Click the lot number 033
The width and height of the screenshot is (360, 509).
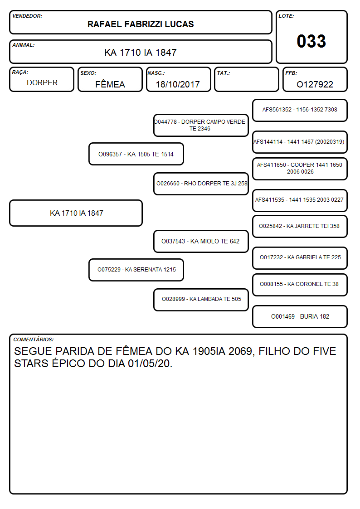(x=311, y=41)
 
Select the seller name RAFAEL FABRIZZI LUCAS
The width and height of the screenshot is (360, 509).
(x=141, y=24)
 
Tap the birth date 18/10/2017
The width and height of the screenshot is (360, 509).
(x=178, y=84)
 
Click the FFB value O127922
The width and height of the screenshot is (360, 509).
(x=315, y=84)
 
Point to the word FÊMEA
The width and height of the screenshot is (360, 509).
(x=110, y=84)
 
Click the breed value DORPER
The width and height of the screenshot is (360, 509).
(x=42, y=83)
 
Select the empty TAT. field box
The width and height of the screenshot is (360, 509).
(x=247, y=79)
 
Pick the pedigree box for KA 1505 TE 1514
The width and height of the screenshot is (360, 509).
(x=136, y=154)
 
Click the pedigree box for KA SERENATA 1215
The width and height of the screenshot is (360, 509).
(x=136, y=270)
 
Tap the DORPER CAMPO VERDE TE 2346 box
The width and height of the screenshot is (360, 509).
(x=201, y=125)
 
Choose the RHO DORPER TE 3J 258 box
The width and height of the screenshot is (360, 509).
(x=201, y=184)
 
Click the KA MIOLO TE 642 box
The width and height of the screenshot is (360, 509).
(x=201, y=241)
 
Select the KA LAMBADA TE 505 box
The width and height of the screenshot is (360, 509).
(x=201, y=300)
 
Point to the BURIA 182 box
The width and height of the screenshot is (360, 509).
(x=300, y=316)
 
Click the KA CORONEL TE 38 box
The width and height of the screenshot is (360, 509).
(x=300, y=285)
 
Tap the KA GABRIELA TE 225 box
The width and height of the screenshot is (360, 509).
(x=300, y=258)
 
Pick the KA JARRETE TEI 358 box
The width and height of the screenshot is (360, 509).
(x=300, y=226)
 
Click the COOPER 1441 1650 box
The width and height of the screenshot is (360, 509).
(x=300, y=169)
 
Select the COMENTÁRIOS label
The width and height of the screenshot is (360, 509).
(x=34, y=339)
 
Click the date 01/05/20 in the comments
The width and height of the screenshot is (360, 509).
(x=149, y=364)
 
